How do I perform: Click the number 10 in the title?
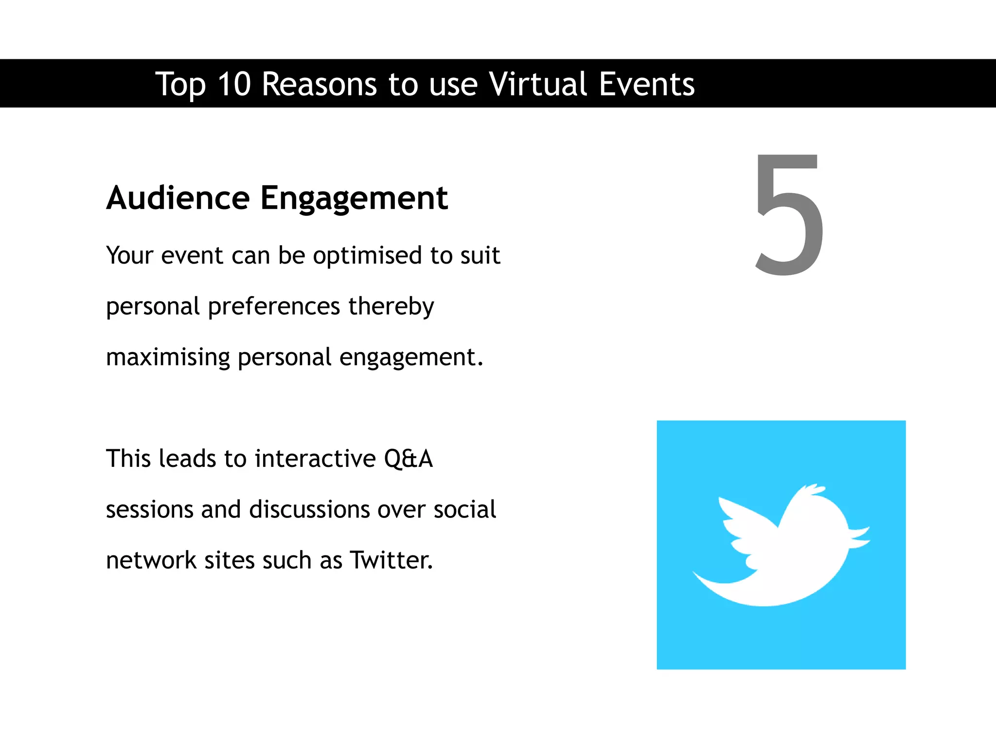click(234, 84)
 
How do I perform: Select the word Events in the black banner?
click(646, 84)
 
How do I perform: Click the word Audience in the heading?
click(178, 198)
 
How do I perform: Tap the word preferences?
click(274, 306)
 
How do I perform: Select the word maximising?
click(168, 357)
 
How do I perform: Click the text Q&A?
click(408, 459)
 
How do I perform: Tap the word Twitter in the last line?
click(391, 560)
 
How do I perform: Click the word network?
click(151, 560)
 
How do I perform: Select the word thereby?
click(391, 306)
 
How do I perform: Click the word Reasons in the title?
click(319, 84)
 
